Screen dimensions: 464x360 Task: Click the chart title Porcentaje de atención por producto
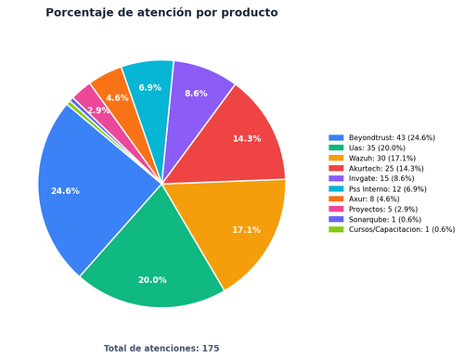[161, 13]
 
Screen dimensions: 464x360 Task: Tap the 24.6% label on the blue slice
[65, 191]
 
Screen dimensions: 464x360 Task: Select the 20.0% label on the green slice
[152, 280]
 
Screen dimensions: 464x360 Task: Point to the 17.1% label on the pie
[247, 230]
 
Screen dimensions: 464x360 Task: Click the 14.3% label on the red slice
[247, 138]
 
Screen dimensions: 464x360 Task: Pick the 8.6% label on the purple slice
[196, 94]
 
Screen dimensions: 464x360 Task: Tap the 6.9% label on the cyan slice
[150, 87]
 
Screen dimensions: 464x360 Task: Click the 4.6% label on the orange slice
[117, 98]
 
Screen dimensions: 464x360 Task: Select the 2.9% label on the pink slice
[98, 110]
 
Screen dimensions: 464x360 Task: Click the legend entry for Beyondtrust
[392, 137]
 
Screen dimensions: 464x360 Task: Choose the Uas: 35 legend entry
[377, 148]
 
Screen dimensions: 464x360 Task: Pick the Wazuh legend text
[382, 158]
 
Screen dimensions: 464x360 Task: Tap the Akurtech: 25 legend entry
[386, 169]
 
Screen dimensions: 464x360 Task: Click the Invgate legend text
[381, 178]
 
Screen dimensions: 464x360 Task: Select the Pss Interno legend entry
[388, 189]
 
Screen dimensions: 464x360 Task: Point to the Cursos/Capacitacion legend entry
[402, 229]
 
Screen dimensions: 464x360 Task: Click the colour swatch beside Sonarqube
[336, 219]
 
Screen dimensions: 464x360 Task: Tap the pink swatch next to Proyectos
[336, 209]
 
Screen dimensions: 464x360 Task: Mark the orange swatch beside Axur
[336, 199]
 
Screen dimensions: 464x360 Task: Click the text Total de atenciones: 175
[161, 349]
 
